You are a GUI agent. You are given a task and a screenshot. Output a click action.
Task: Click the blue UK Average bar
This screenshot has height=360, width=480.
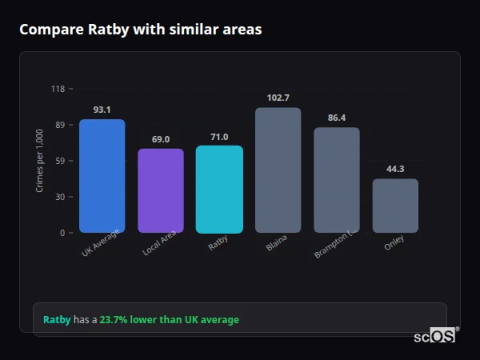[x=102, y=176]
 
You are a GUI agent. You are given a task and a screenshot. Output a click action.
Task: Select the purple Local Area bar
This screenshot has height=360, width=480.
[x=160, y=190]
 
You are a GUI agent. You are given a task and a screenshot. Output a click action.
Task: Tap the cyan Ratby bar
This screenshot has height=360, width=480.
[x=219, y=189]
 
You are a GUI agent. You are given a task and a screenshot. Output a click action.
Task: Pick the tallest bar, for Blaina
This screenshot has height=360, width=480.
[x=278, y=170]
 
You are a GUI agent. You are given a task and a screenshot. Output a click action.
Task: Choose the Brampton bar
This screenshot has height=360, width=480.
[x=336, y=180]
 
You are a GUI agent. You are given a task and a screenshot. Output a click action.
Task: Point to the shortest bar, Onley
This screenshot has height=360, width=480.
[x=395, y=206]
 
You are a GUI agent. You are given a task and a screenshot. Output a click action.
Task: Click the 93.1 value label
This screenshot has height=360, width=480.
[x=102, y=110]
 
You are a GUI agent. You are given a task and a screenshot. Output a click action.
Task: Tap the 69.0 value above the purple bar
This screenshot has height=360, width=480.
[x=160, y=139]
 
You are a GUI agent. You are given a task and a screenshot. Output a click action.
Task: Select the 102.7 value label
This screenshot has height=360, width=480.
[x=278, y=98]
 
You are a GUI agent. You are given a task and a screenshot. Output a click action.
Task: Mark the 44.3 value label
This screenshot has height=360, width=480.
[x=395, y=169]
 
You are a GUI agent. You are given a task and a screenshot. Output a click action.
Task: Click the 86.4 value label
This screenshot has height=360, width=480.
[x=337, y=118]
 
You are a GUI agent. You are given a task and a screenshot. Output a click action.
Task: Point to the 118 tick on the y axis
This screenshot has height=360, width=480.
[x=58, y=89]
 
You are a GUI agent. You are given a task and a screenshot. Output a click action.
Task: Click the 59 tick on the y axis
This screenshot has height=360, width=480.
[x=60, y=161]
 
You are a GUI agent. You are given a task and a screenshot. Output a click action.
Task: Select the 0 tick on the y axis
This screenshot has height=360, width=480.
[x=62, y=233]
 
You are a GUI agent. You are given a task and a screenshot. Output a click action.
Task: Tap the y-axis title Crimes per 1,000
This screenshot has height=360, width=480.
[x=40, y=161]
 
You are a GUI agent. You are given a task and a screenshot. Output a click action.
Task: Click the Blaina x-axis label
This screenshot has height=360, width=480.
[x=277, y=242]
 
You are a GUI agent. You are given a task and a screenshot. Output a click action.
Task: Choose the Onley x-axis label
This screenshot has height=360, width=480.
[x=394, y=243]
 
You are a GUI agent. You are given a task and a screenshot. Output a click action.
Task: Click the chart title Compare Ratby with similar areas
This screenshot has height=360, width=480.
[x=140, y=30]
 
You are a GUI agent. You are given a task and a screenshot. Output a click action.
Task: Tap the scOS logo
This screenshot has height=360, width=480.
[x=435, y=337]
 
